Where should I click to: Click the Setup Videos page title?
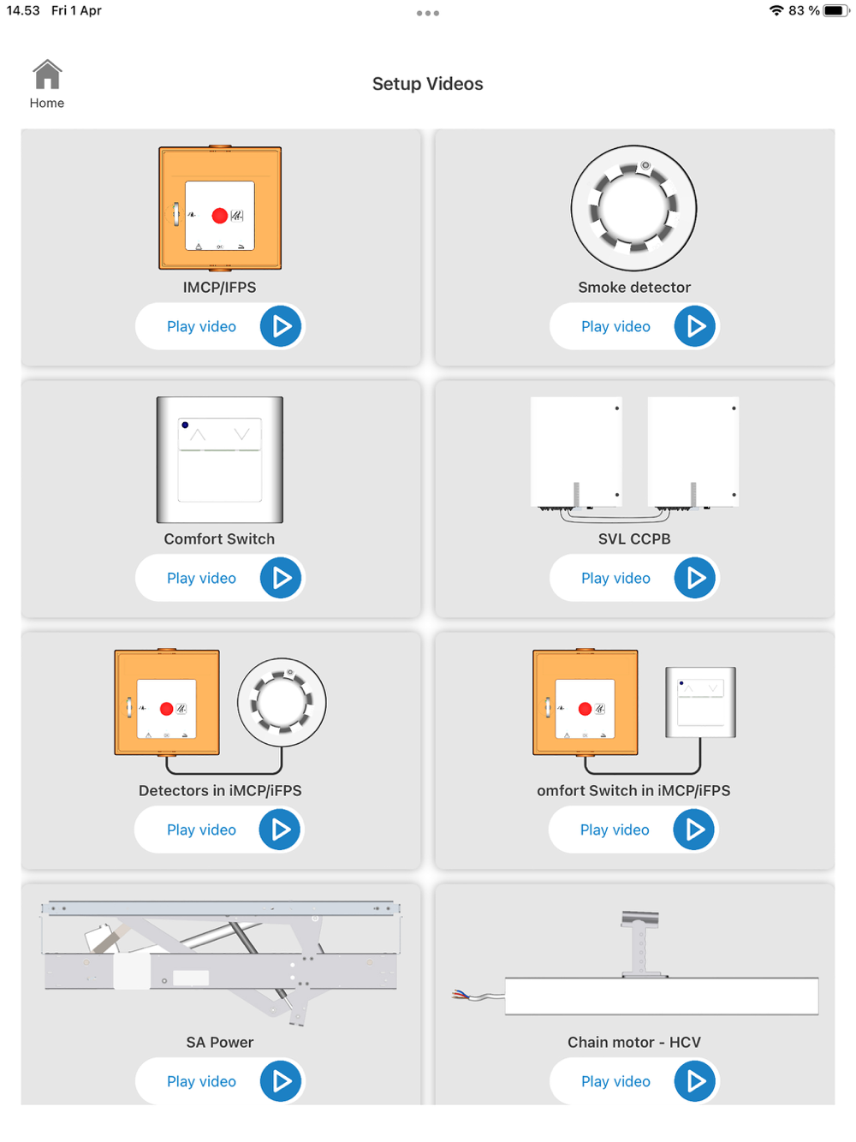(x=427, y=84)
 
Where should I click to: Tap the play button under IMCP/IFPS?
(x=280, y=326)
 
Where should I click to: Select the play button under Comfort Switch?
(x=280, y=578)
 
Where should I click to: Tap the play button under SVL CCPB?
(x=694, y=578)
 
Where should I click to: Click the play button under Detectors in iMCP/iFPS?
(x=279, y=830)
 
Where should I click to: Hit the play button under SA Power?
(x=280, y=1080)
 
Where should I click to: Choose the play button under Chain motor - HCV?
(x=694, y=1080)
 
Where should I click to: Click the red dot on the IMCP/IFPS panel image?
(x=219, y=216)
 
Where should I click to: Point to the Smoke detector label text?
(x=634, y=287)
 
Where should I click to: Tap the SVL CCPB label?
(x=634, y=538)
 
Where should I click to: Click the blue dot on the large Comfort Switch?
(x=185, y=425)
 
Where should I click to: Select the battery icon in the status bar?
(x=836, y=10)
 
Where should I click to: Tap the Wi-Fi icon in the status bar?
(x=776, y=10)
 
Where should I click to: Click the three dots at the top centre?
(x=427, y=13)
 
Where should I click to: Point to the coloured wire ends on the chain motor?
(x=461, y=995)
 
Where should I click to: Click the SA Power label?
(x=219, y=1042)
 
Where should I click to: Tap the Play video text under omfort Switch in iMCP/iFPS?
(x=614, y=830)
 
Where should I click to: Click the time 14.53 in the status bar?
(x=23, y=10)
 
